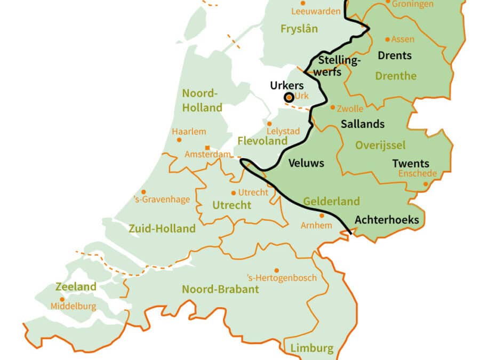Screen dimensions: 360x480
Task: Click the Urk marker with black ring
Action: [x=289, y=97]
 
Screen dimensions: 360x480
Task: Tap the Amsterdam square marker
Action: [x=207, y=148]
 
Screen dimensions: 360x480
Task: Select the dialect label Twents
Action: [x=411, y=164]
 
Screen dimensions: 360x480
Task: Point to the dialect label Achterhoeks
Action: [x=387, y=220]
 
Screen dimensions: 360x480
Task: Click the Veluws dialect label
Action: [x=306, y=163]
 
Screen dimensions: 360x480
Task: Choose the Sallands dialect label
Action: [x=363, y=124]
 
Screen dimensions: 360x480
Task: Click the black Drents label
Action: [x=394, y=55]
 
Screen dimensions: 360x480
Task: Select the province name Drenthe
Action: [x=396, y=76]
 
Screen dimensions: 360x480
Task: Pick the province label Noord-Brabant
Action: [x=220, y=290]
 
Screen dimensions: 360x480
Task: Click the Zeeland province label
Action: [x=76, y=287]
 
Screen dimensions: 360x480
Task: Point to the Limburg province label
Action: [x=312, y=349]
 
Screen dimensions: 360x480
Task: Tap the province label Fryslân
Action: [x=298, y=29]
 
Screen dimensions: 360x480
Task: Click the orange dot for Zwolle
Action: [x=333, y=107]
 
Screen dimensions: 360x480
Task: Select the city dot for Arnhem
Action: [x=322, y=215]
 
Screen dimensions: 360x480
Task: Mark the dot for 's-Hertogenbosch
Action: [x=276, y=270]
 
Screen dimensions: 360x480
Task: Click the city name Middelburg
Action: [x=74, y=306]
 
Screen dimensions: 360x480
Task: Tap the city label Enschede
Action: [x=418, y=173]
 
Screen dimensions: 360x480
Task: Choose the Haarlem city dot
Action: [x=179, y=140]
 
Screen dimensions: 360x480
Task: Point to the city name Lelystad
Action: [x=283, y=131]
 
